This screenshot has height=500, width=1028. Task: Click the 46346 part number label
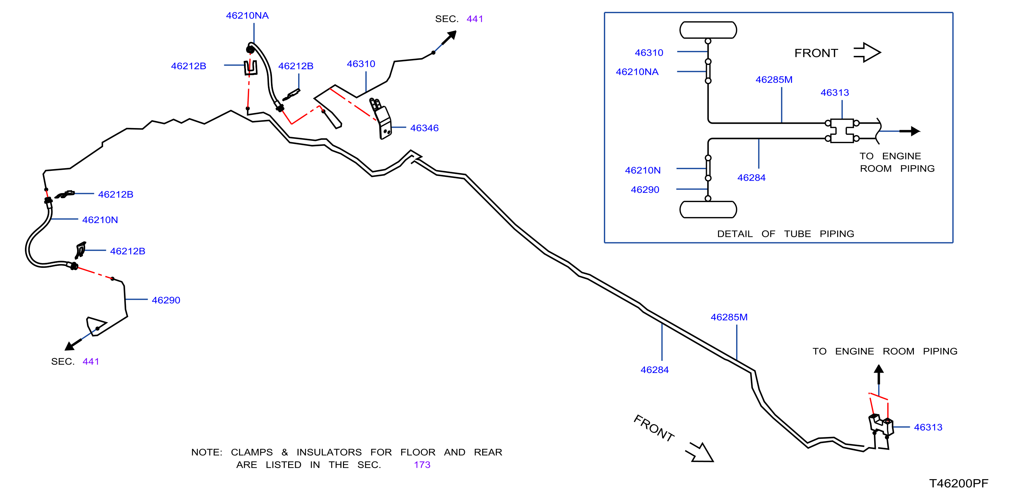[424, 128]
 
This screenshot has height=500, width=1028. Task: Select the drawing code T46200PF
[959, 483]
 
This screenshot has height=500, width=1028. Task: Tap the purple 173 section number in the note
[422, 465]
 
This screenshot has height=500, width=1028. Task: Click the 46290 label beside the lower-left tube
[166, 300]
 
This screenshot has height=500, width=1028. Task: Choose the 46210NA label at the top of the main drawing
[247, 15]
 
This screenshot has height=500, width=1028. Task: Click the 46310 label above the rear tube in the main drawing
[361, 64]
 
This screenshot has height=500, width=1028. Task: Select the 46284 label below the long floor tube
[654, 370]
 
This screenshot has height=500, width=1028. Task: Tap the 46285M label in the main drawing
[729, 317]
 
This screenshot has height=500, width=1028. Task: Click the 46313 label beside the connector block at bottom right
[928, 427]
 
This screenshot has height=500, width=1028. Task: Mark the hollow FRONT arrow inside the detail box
[867, 52]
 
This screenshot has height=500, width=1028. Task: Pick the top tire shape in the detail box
[708, 30]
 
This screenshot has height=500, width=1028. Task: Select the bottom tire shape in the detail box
[708, 210]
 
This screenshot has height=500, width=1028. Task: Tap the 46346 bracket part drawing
[381, 118]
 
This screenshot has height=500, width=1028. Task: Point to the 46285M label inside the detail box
[774, 80]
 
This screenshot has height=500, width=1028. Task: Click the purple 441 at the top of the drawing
[475, 19]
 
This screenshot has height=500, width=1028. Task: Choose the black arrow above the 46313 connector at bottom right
[879, 375]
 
